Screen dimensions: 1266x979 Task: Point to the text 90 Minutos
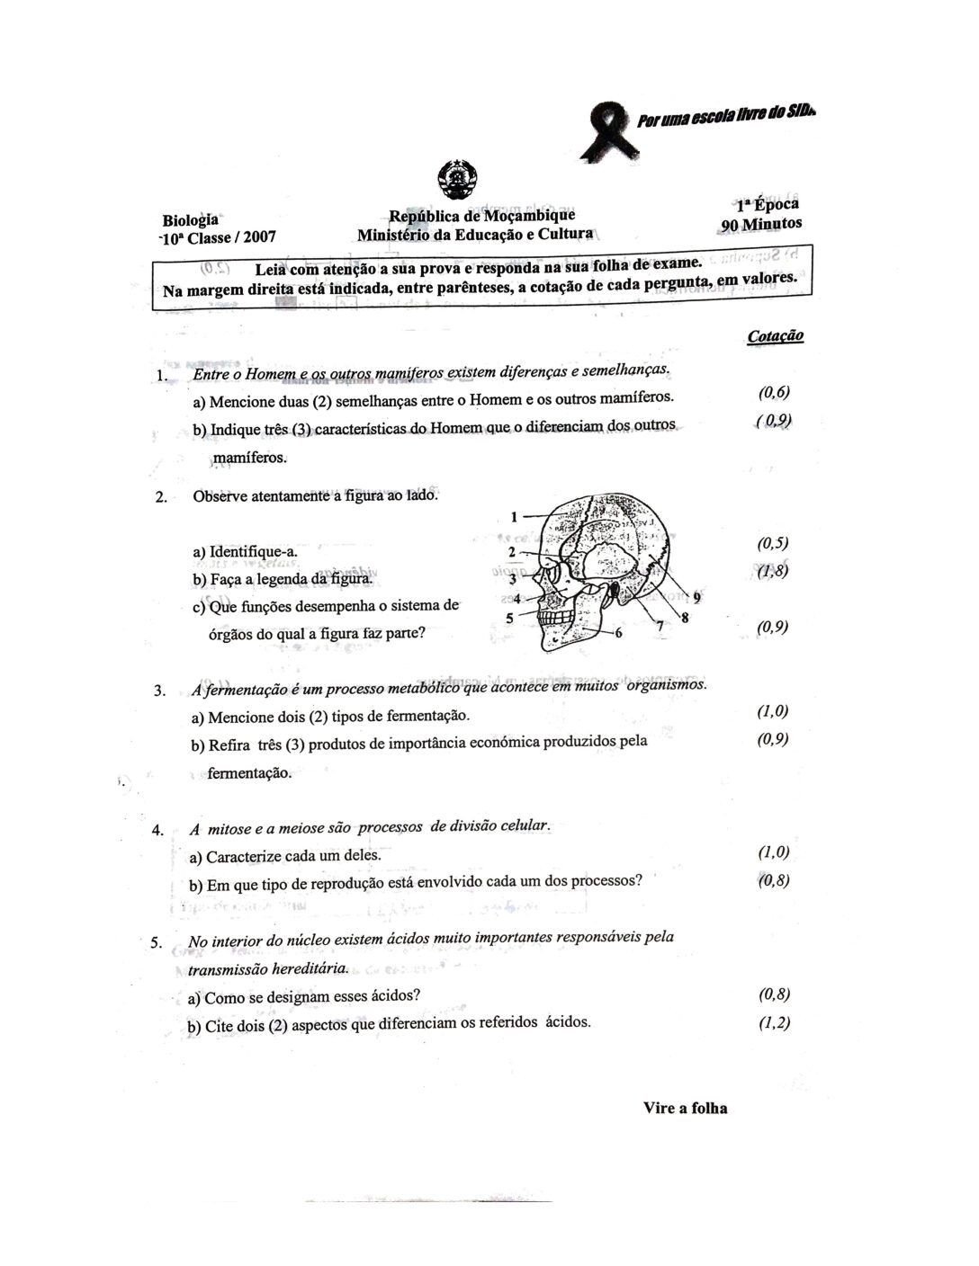(760, 224)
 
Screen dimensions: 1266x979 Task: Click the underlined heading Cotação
(775, 335)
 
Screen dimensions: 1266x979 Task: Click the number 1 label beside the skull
(514, 516)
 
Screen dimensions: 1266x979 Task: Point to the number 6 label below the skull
(618, 632)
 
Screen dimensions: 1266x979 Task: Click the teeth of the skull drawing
(558, 620)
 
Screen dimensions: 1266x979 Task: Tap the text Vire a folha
(685, 1108)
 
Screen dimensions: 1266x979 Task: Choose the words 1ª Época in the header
(768, 204)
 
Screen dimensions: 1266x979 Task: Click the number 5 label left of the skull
(509, 618)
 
